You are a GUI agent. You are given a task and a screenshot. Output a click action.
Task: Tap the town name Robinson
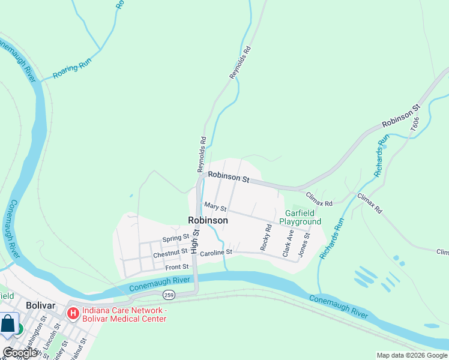208,220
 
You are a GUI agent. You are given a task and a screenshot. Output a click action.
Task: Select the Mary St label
215,208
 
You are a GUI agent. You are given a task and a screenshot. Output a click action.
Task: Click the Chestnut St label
170,254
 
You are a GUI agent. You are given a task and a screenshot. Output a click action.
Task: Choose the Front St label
177,266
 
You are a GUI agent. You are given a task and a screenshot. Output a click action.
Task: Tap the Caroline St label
216,253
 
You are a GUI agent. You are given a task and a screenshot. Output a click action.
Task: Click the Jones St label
307,243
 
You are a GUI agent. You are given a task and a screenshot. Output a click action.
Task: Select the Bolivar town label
40,305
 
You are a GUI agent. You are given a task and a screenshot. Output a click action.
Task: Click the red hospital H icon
73,313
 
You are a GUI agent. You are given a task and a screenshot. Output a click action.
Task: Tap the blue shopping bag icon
8,324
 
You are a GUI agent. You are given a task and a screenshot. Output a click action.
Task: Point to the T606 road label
415,124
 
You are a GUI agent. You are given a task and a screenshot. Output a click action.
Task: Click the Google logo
20,353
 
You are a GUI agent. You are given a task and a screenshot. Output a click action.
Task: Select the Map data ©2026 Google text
412,355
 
